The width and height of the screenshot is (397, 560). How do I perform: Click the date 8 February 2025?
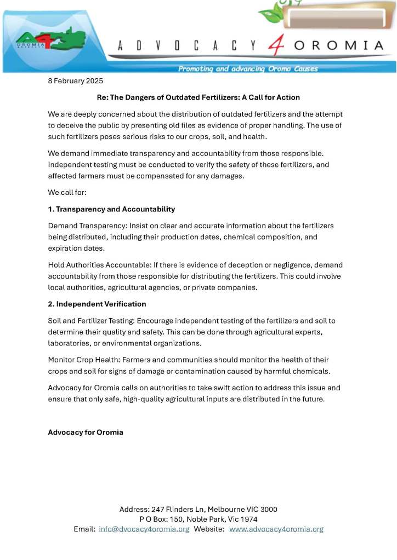click(x=71, y=82)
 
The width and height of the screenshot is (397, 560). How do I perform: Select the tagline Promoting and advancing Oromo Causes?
click(x=248, y=69)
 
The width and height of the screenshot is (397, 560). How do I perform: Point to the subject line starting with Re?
click(x=198, y=97)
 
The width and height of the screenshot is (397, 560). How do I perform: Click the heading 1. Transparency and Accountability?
click(x=111, y=209)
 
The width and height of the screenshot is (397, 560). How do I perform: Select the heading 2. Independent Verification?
click(x=97, y=304)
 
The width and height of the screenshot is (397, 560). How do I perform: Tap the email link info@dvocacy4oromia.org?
click(x=144, y=529)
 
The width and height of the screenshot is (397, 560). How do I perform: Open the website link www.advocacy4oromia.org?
click(x=276, y=529)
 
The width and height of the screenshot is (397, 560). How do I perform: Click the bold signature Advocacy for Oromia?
click(x=86, y=432)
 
